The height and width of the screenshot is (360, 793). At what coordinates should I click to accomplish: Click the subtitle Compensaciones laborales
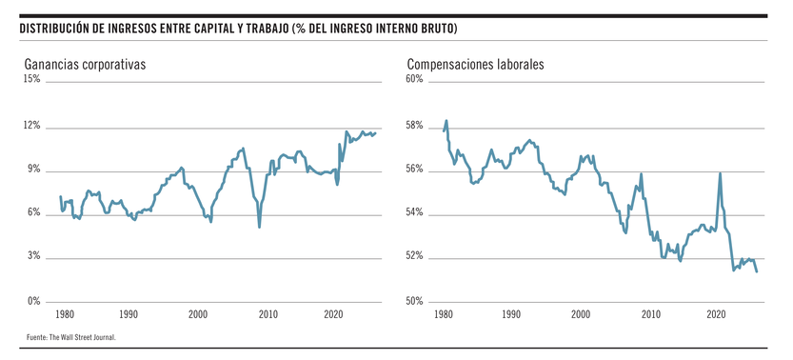pyautogui.click(x=475, y=65)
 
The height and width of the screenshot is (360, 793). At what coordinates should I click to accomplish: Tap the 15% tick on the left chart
pyautogui.click(x=31, y=80)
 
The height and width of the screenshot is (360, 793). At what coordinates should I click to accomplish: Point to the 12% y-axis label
pyautogui.click(x=31, y=126)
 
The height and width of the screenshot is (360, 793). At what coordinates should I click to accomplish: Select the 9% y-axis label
pyautogui.click(x=33, y=170)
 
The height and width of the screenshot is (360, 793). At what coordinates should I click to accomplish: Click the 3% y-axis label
pyautogui.click(x=33, y=257)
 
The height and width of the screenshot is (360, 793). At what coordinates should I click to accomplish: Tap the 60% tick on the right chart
pyautogui.click(x=414, y=80)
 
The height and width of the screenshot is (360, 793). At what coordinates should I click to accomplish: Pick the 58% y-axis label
pyautogui.click(x=414, y=126)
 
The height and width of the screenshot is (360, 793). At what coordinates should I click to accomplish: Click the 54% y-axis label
pyautogui.click(x=414, y=213)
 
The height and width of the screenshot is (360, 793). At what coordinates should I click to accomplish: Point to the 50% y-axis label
pyautogui.click(x=414, y=302)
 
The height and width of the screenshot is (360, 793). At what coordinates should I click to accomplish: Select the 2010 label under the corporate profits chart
pyautogui.click(x=268, y=313)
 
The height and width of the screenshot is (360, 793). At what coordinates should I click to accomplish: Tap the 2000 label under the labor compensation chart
pyautogui.click(x=579, y=313)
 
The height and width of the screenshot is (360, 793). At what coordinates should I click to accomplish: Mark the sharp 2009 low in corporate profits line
pyautogui.click(x=259, y=227)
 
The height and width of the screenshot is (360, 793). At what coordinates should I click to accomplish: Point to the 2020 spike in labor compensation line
pyautogui.click(x=720, y=173)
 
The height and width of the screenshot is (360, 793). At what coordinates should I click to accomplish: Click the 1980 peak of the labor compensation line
pyautogui.click(x=446, y=121)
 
